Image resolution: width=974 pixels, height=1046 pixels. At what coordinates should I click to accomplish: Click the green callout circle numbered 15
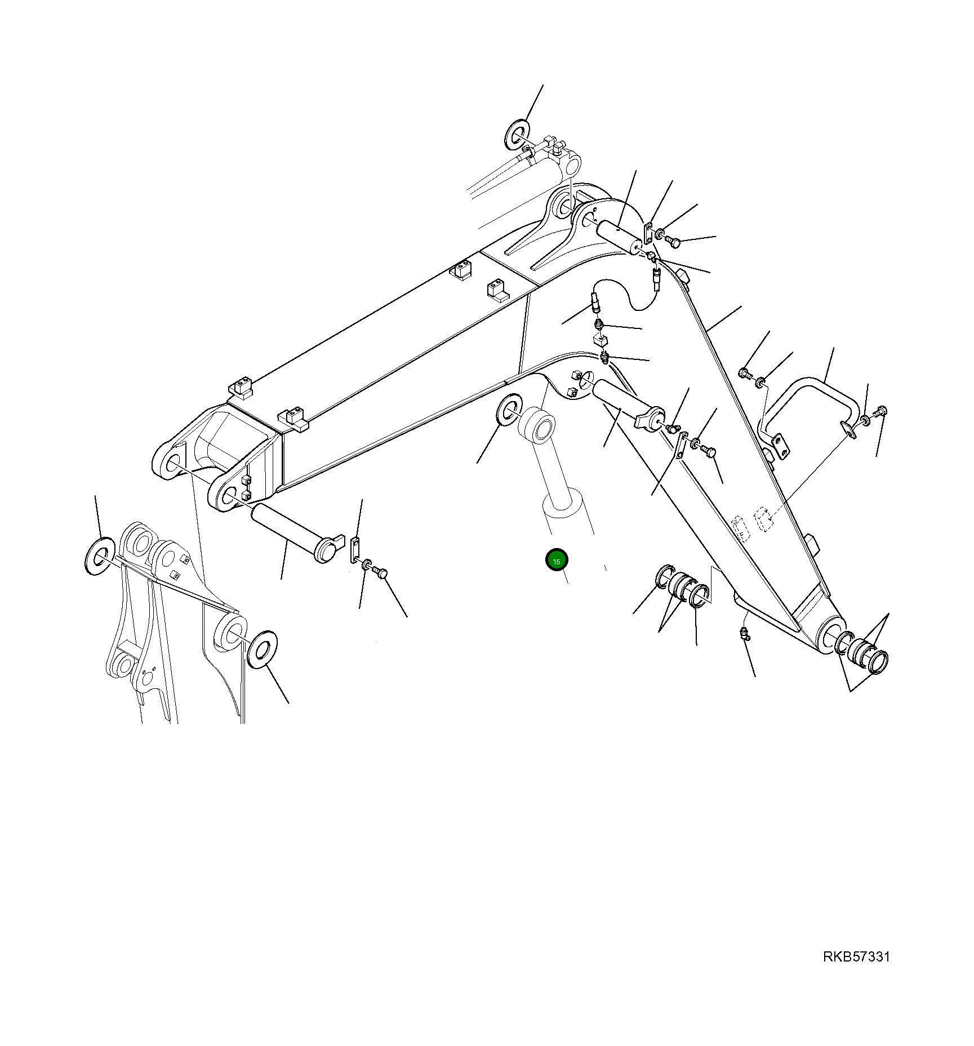pyautogui.click(x=557, y=560)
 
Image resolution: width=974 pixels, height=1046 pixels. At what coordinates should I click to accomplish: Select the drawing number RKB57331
pyautogui.click(x=856, y=957)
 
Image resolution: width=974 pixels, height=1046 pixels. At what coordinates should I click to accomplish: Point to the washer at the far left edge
pyautogui.click(x=99, y=557)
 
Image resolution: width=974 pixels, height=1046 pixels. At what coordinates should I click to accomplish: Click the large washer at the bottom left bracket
pyautogui.click(x=262, y=650)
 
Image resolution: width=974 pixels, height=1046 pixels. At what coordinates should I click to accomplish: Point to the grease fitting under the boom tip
pyautogui.click(x=745, y=634)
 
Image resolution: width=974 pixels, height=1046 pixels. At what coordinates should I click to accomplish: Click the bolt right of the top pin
pyautogui.click(x=673, y=242)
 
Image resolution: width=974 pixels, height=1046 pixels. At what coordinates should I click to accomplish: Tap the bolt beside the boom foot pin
pyautogui.click(x=381, y=573)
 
